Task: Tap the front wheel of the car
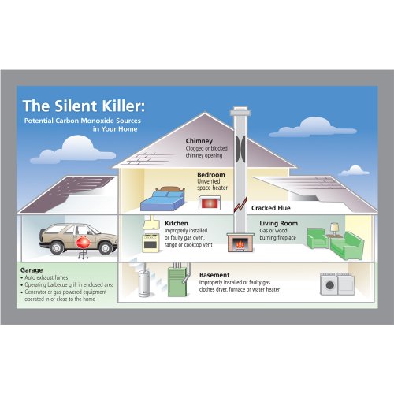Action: (106, 247)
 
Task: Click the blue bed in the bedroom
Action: (163, 199)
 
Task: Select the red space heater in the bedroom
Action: (210, 203)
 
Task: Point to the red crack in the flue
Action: (240, 205)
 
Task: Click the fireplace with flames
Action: (240, 243)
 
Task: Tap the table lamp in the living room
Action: (334, 229)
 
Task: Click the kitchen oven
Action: (151, 243)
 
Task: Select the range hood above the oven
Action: (151, 223)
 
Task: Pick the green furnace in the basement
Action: (178, 281)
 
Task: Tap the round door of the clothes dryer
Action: (330, 285)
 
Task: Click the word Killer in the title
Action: (123, 106)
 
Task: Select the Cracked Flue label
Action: (271, 208)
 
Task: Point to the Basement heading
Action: (214, 275)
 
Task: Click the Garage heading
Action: (32, 270)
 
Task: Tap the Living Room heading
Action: (279, 223)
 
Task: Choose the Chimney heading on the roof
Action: (199, 141)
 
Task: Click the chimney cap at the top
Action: (240, 111)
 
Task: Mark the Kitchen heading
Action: (177, 223)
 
